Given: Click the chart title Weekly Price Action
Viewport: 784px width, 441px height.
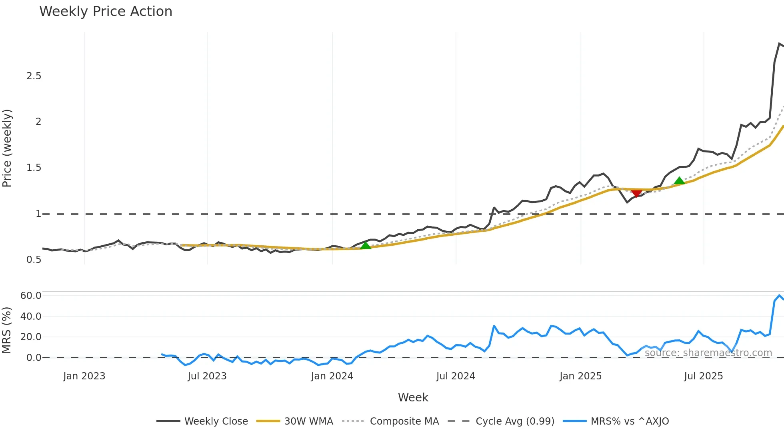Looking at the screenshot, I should click(x=106, y=12).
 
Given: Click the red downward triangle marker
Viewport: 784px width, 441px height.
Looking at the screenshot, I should click(x=636, y=193).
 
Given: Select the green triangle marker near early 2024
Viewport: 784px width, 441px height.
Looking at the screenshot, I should click(x=366, y=245).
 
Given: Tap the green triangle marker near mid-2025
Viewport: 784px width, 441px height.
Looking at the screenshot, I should click(x=679, y=181).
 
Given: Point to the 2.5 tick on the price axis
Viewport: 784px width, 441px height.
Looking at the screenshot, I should click(x=34, y=76).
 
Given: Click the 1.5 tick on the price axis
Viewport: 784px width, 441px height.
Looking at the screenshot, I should click(x=34, y=168).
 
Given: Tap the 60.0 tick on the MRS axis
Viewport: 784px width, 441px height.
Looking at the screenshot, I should click(x=31, y=296).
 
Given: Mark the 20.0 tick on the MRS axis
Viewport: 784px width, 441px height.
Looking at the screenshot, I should click(x=31, y=337).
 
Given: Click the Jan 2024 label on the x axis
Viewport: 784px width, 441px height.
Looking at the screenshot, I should click(x=332, y=376).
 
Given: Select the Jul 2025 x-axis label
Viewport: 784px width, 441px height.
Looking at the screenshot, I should click(x=703, y=376).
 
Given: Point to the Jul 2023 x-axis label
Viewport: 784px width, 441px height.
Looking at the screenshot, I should click(x=207, y=376).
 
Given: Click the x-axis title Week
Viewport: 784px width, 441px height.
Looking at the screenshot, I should click(x=413, y=397).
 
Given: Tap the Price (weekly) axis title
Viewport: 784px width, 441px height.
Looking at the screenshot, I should click(x=7, y=148).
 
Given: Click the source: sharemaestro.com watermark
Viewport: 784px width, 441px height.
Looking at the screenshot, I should click(x=708, y=353).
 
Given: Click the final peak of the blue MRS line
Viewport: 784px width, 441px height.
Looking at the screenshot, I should click(x=779, y=295).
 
